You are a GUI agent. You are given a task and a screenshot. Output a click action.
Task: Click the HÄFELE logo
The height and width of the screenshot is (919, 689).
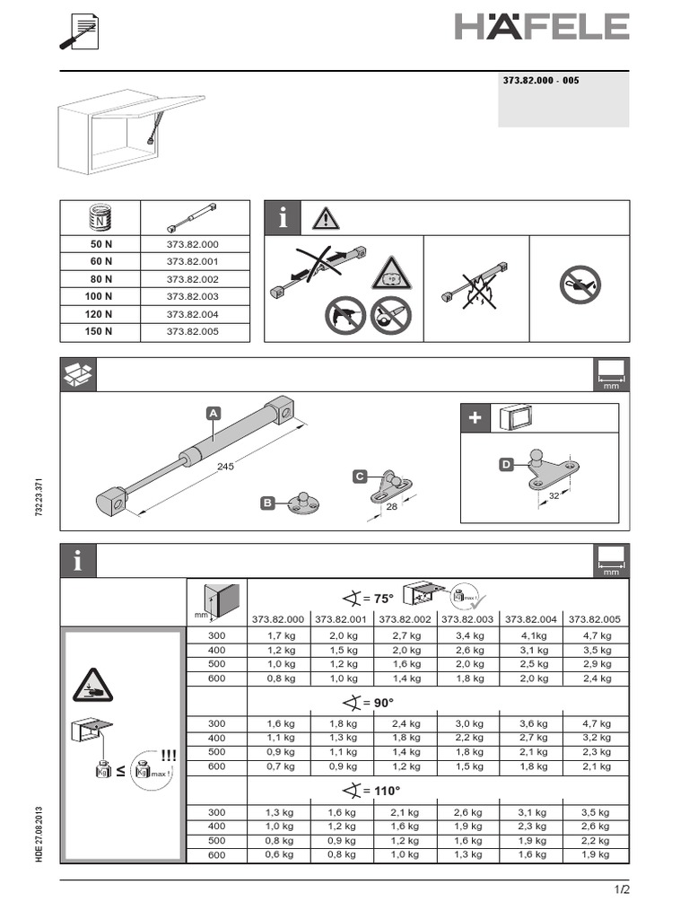(x=541, y=26)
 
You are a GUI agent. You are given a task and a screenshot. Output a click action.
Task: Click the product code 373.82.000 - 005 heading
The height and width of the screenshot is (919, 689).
(x=541, y=81)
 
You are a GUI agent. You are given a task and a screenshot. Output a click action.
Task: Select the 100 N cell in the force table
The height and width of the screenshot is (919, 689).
(x=100, y=295)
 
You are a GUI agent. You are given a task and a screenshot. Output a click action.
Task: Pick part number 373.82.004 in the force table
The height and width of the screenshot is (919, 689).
(x=192, y=313)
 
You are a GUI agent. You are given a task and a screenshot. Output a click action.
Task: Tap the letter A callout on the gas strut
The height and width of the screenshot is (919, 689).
(x=214, y=414)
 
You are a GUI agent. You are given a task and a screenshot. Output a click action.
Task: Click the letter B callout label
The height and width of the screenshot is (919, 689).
(x=266, y=503)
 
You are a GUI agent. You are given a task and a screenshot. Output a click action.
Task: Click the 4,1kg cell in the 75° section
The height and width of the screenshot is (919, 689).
(x=534, y=635)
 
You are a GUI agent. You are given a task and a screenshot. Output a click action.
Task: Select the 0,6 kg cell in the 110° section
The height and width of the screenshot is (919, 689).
(x=278, y=855)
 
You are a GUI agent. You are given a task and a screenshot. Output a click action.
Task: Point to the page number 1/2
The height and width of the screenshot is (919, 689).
(x=622, y=890)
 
